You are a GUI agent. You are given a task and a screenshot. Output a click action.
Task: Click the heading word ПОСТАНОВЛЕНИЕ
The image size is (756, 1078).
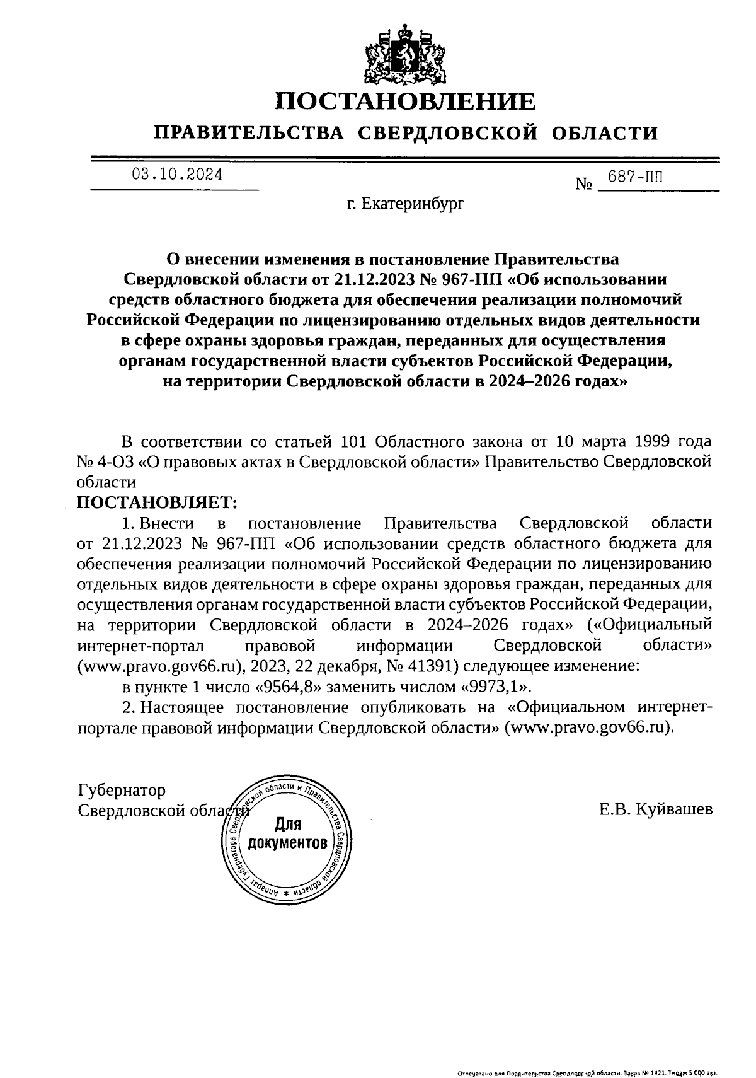pos(406,101)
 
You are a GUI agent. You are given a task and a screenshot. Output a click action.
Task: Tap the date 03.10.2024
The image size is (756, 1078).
pos(177,175)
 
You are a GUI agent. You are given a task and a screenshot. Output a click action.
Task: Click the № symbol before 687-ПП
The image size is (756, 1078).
pos(584,185)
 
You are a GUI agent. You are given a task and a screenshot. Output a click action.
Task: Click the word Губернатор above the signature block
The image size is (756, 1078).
pos(122,790)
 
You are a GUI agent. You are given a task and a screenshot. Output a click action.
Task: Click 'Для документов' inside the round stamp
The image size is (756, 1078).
pos(287,833)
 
